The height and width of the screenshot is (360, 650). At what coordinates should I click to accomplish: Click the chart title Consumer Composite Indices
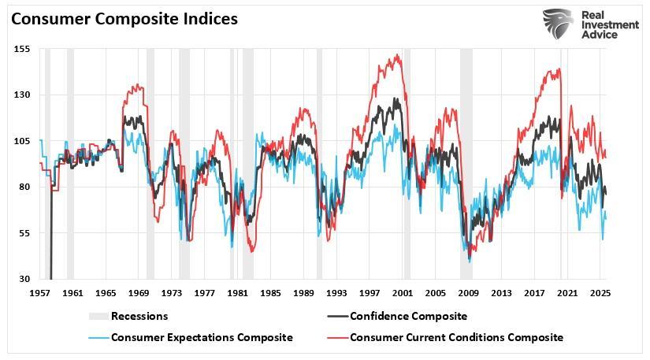[124, 18]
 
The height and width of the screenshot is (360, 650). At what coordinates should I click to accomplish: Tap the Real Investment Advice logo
[590, 24]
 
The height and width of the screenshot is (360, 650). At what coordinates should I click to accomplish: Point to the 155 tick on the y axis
[21, 49]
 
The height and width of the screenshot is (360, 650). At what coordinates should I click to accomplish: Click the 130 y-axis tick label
[21, 95]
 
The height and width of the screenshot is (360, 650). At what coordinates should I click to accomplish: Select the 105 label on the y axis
[21, 141]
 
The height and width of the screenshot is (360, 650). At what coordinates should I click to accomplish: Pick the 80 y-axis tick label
[24, 187]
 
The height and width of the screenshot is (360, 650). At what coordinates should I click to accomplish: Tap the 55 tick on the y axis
[24, 233]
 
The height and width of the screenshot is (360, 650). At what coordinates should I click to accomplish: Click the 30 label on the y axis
[24, 279]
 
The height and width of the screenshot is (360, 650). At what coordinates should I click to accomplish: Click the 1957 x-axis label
[39, 293]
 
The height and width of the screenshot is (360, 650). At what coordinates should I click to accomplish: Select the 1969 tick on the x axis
[139, 293]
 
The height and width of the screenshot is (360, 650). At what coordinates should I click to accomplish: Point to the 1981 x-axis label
[238, 293]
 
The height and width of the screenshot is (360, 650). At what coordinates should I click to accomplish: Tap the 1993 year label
[336, 293]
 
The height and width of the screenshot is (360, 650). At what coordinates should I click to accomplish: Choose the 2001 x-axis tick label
[403, 293]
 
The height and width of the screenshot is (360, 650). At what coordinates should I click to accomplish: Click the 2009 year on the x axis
[469, 293]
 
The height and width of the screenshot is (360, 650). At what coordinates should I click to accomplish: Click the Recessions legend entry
[139, 316]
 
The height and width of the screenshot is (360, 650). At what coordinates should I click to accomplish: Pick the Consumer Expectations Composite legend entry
[202, 337]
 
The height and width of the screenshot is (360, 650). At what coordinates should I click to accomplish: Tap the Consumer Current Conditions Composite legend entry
[456, 337]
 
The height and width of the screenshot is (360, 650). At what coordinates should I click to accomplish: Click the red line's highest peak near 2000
[398, 55]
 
